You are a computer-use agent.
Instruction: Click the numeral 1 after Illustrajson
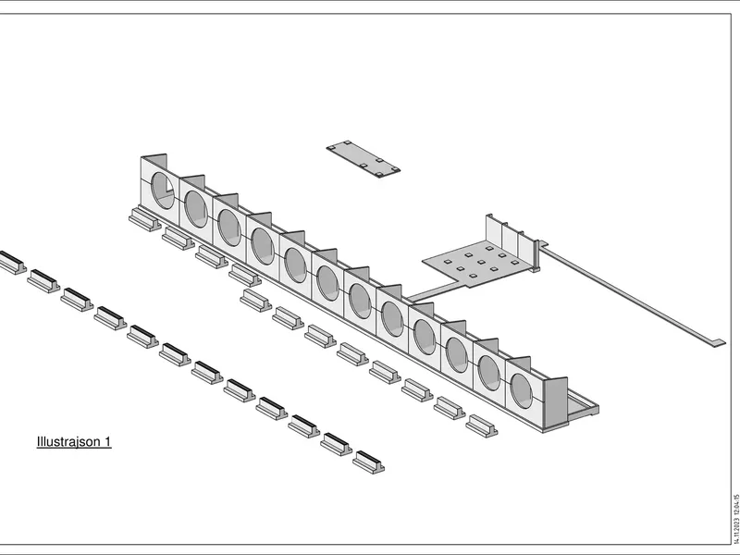tap(107, 441)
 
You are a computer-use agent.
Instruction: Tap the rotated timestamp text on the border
tap(735, 519)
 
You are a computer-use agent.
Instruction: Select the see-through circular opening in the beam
tap(163, 191)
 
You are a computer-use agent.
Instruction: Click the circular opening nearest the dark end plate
tap(521, 390)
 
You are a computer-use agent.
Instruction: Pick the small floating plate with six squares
tap(363, 159)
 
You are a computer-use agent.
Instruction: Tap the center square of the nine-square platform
tap(481, 262)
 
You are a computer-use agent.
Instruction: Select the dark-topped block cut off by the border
tap(11, 262)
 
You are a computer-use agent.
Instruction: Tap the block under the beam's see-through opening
tap(145, 219)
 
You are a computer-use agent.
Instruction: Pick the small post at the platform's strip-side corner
tap(536, 256)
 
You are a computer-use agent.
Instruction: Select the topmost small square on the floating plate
tap(347, 142)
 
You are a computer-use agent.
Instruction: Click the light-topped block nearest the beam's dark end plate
tap(482, 426)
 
